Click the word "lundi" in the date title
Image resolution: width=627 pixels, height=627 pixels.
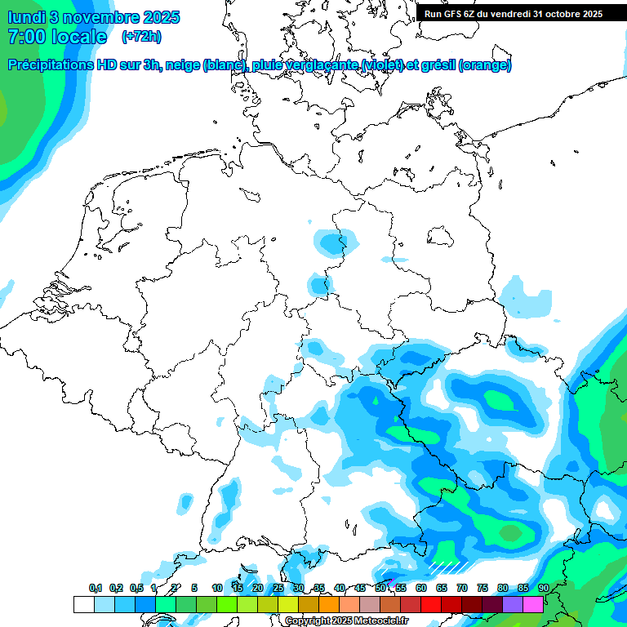tap(27, 17)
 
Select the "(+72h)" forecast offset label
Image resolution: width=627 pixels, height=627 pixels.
tap(141, 37)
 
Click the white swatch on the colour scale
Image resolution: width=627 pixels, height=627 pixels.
tap(83, 604)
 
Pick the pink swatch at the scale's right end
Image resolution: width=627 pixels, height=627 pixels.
tap(533, 604)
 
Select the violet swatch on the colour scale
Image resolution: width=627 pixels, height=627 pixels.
tap(513, 604)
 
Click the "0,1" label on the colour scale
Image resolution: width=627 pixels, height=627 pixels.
tap(95, 588)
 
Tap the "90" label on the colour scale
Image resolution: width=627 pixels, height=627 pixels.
tap(544, 588)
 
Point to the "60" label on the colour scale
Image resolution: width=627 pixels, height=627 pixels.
tap(421, 588)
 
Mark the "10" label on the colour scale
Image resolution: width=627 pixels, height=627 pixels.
tap(217, 588)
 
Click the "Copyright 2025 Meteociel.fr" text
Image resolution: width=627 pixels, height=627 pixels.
tap(346, 621)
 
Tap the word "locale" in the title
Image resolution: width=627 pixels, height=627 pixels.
tap(79, 37)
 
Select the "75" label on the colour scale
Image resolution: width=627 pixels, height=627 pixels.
tap(482, 588)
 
